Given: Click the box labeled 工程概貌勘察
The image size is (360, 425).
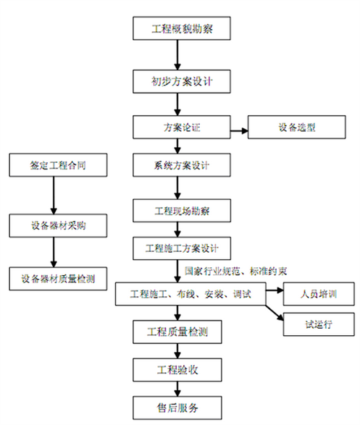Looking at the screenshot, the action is pyautogui.click(x=182, y=28).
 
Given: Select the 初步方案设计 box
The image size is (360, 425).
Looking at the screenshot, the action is pyautogui.click(x=182, y=81).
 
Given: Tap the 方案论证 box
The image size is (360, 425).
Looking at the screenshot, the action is pyautogui.click(x=182, y=127).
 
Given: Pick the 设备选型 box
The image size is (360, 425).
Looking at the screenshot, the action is pyautogui.click(x=297, y=127).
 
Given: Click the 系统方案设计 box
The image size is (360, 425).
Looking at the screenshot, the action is pyautogui.click(x=182, y=165).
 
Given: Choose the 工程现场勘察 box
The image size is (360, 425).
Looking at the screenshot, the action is pyautogui.click(x=182, y=211).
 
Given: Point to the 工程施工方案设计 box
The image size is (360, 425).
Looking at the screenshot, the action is pyautogui.click(x=182, y=248).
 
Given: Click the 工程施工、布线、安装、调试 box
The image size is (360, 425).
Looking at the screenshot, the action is pyautogui.click(x=191, y=294).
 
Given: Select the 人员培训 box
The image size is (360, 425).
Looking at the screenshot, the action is pyautogui.click(x=319, y=294).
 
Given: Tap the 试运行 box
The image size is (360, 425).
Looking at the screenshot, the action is pyautogui.click(x=319, y=324).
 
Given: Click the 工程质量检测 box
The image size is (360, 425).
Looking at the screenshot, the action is pyautogui.click(x=177, y=332).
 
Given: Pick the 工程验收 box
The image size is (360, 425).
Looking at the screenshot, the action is pyautogui.click(x=177, y=370).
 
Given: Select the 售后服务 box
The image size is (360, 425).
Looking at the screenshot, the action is pyautogui.click(x=177, y=408).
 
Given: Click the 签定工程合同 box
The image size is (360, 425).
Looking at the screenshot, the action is pyautogui.click(x=58, y=165).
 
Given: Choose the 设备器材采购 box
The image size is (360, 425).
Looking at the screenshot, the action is pyautogui.click(x=58, y=226).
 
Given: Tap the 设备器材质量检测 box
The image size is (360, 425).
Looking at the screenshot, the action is pyautogui.click(x=58, y=279).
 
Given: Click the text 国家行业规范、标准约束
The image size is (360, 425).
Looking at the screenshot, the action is pyautogui.click(x=235, y=271).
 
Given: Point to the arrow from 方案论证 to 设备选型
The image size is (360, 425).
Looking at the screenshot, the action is pyautogui.click(x=239, y=131).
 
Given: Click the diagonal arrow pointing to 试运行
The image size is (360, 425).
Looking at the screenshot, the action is pyautogui.click(x=275, y=313).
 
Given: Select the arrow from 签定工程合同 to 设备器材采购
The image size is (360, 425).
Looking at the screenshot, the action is pyautogui.click(x=54, y=195).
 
